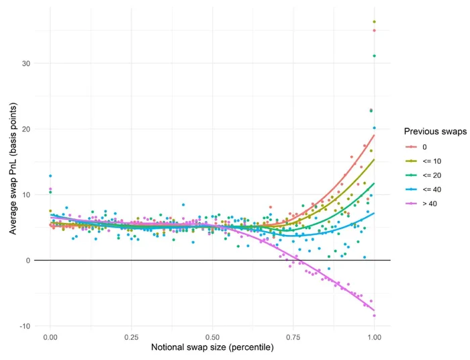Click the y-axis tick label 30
click(x=26, y=64)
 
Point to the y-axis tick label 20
click(x=26, y=129)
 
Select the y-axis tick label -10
click(x=26, y=326)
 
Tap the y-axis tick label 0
click(x=28, y=261)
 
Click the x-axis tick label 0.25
click(x=132, y=338)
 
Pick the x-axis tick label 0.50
click(x=213, y=338)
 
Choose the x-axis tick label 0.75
click(x=293, y=338)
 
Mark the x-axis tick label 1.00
click(x=374, y=338)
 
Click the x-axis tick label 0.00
click(x=50, y=338)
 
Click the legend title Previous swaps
click(x=435, y=132)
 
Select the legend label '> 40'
click(x=430, y=204)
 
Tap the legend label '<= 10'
click(x=432, y=161)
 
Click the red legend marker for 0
click(x=411, y=147)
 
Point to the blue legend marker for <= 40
click(x=411, y=189)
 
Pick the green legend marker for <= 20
click(x=411, y=175)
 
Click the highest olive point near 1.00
click(x=374, y=22)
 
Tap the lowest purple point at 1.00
click(x=374, y=316)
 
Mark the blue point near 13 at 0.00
click(x=50, y=176)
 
